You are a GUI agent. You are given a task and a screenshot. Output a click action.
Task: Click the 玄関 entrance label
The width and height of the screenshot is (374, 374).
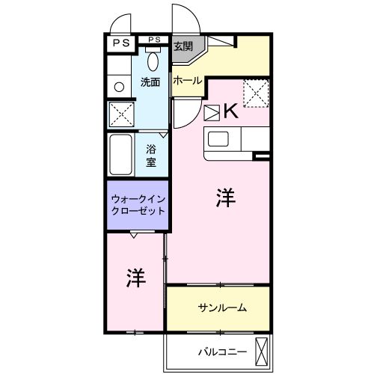tap(183, 46)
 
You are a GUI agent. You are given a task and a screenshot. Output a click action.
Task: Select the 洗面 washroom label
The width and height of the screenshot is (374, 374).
tap(150, 82)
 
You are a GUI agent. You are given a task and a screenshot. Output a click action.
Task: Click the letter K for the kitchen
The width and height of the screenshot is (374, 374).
tap(230, 112)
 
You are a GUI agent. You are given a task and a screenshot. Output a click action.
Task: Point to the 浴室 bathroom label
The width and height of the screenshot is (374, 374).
tap(150, 155)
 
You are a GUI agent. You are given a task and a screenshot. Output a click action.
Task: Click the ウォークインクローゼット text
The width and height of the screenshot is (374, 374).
tap(137, 204)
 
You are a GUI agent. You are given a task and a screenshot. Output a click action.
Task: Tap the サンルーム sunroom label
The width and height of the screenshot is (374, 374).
tap(222, 308)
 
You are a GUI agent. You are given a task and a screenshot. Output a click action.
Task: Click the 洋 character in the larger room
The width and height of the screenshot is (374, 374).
tap(227, 198)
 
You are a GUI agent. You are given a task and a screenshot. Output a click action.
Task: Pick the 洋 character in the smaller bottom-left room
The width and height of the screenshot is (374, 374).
tap(135, 278)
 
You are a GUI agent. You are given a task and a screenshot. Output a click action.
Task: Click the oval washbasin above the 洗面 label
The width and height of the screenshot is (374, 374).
tap(153, 61)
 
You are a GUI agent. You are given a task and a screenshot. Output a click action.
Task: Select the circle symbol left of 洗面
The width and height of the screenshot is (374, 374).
tap(118, 88)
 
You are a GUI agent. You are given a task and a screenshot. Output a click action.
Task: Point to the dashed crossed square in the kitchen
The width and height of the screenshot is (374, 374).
tap(257, 93)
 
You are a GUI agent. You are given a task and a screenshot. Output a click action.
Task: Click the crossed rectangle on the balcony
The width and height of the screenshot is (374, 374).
tap(262, 349)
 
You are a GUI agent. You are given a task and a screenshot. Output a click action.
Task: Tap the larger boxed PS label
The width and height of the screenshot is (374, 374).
tap(120, 43)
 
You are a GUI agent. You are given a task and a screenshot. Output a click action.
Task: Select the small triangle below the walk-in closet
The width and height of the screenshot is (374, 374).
tap(133, 236)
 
